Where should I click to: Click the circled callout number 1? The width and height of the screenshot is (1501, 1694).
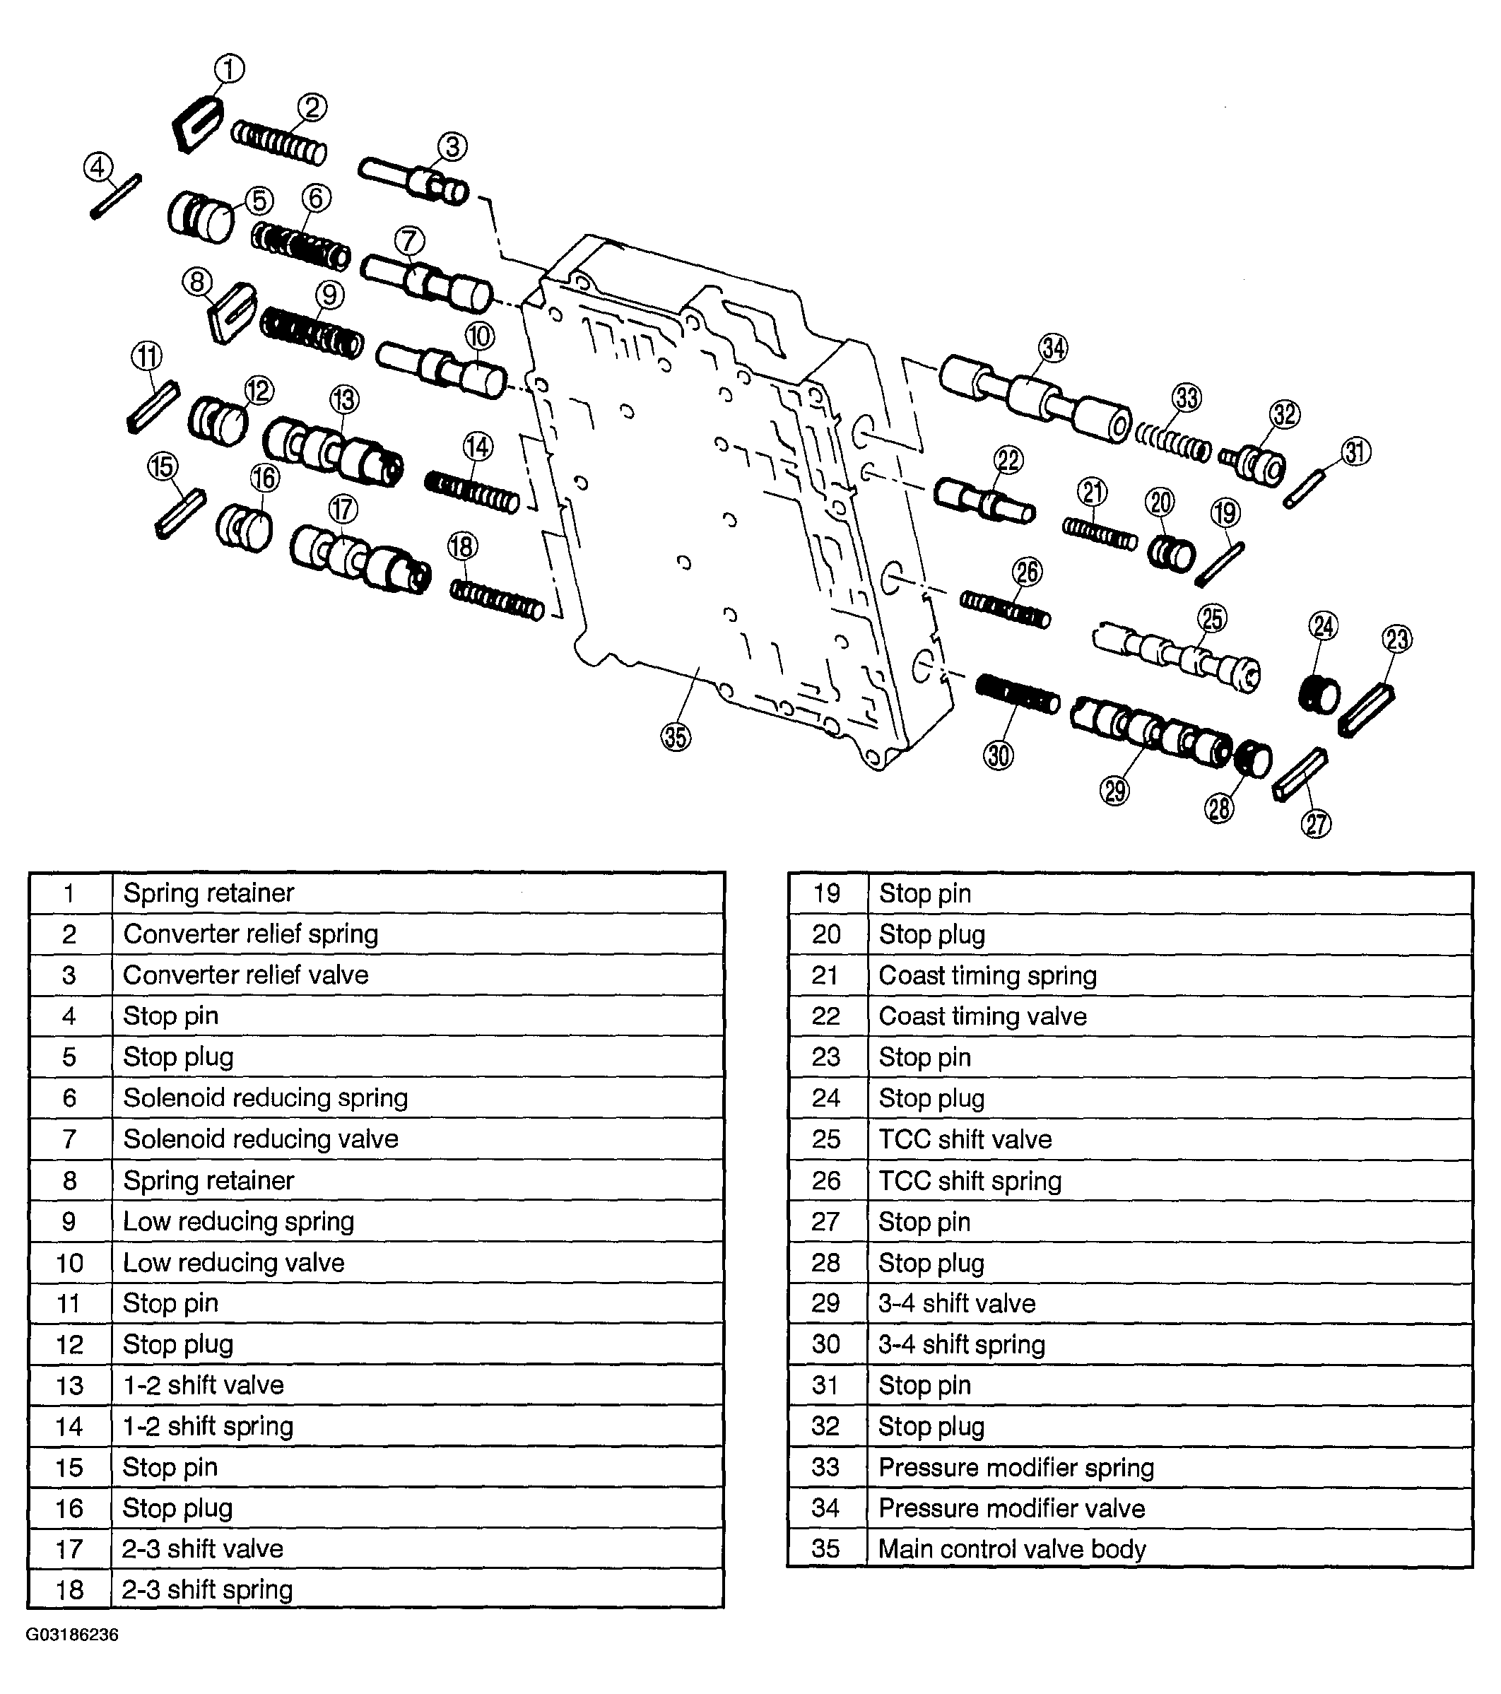pyautogui.click(x=230, y=69)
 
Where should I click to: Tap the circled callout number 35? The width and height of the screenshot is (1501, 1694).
pyautogui.click(x=676, y=736)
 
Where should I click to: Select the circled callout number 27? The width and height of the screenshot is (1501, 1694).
pyautogui.click(x=1316, y=824)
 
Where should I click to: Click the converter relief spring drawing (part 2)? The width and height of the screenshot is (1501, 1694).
pyautogui.click(x=278, y=142)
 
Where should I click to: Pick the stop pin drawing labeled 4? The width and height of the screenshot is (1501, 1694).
pyautogui.click(x=116, y=197)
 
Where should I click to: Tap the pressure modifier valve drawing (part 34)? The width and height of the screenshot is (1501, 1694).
pyautogui.click(x=1035, y=402)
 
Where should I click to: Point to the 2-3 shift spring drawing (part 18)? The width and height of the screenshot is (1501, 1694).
pyautogui.click(x=497, y=599)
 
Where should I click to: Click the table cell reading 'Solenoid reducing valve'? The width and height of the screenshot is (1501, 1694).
pyautogui.click(x=260, y=1139)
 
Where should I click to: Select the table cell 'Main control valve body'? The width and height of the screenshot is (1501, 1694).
pyautogui.click(x=1011, y=1548)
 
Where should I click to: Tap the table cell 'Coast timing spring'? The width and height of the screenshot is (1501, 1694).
pyautogui.click(x=987, y=975)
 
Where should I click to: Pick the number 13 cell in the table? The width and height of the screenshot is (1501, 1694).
pyautogui.click(x=70, y=1385)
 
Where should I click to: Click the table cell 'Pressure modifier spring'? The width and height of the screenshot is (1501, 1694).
pyautogui.click(x=1016, y=1467)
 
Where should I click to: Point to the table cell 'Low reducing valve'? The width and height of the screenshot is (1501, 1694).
pyautogui.click(x=233, y=1262)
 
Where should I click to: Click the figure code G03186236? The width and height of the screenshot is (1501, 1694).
pyautogui.click(x=72, y=1635)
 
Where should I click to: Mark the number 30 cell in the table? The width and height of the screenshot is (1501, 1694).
pyautogui.click(x=825, y=1343)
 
